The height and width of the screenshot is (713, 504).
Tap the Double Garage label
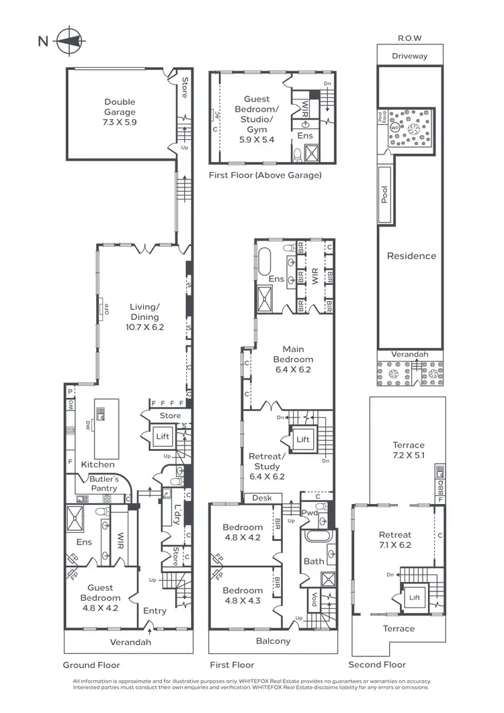pyautogui.click(x=120, y=112)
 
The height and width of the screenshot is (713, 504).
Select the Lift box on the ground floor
pyautogui.click(x=163, y=436)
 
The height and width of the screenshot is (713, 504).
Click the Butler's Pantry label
pyautogui.click(x=104, y=483)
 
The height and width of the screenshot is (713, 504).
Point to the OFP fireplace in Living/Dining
pyautogui.click(x=105, y=310)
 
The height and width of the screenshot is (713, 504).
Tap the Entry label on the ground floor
pyautogui.click(x=155, y=611)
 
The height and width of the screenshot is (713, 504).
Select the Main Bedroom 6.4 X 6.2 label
pyautogui.click(x=293, y=359)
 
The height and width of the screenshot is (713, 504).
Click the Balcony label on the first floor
pyautogui.click(x=274, y=641)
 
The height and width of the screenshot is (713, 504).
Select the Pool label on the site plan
pyautogui.click(x=385, y=196)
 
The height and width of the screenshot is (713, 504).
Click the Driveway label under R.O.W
pyautogui.click(x=409, y=56)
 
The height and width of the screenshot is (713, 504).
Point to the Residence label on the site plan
pyautogui.click(x=411, y=256)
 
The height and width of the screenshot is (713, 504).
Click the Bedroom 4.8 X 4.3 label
pyautogui.click(x=243, y=595)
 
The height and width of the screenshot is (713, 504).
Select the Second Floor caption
pyautogui.click(x=377, y=665)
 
